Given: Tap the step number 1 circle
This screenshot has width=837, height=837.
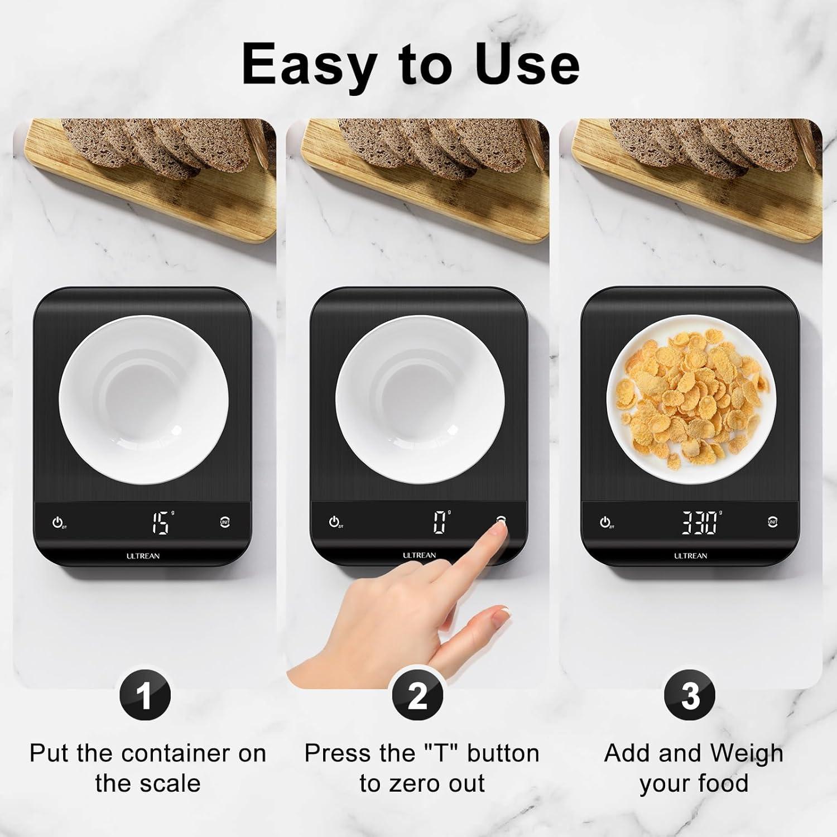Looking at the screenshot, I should tap(145, 696).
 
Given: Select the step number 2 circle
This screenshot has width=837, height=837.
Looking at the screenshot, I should tap(417, 696).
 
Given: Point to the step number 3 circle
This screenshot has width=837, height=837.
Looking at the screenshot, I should tap(690, 696).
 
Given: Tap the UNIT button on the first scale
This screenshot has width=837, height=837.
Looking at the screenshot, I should tap(225, 522).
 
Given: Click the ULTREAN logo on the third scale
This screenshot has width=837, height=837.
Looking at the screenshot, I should tap(690, 556).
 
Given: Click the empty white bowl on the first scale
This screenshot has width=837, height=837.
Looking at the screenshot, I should tap(144, 399).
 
